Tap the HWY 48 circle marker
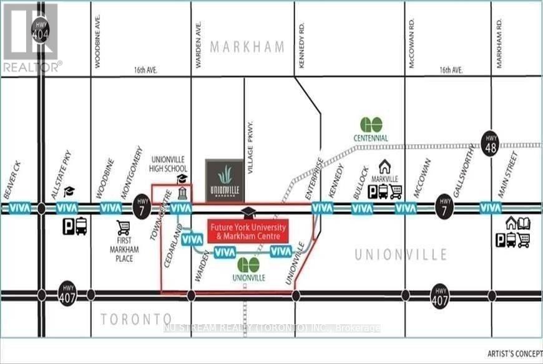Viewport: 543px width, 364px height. pyautogui.click(x=490, y=141)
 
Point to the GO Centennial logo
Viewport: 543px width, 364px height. pyautogui.click(x=371, y=125)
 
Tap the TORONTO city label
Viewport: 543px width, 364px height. pyautogui.click(x=137, y=319)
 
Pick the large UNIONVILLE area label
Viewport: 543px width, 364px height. pyautogui.click(x=401, y=254)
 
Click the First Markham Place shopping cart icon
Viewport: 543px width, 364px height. pyautogui.click(x=123, y=229)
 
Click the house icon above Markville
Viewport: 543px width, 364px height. pyautogui.click(x=385, y=166)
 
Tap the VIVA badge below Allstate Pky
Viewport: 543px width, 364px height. pyautogui.click(x=67, y=208)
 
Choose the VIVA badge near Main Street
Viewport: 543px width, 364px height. pyautogui.click(x=491, y=208)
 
